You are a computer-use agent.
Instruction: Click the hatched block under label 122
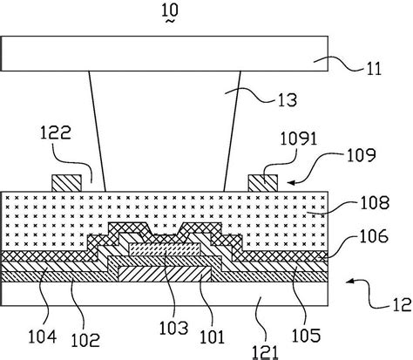(67, 183)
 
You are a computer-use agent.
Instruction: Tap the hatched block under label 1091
(263, 183)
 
